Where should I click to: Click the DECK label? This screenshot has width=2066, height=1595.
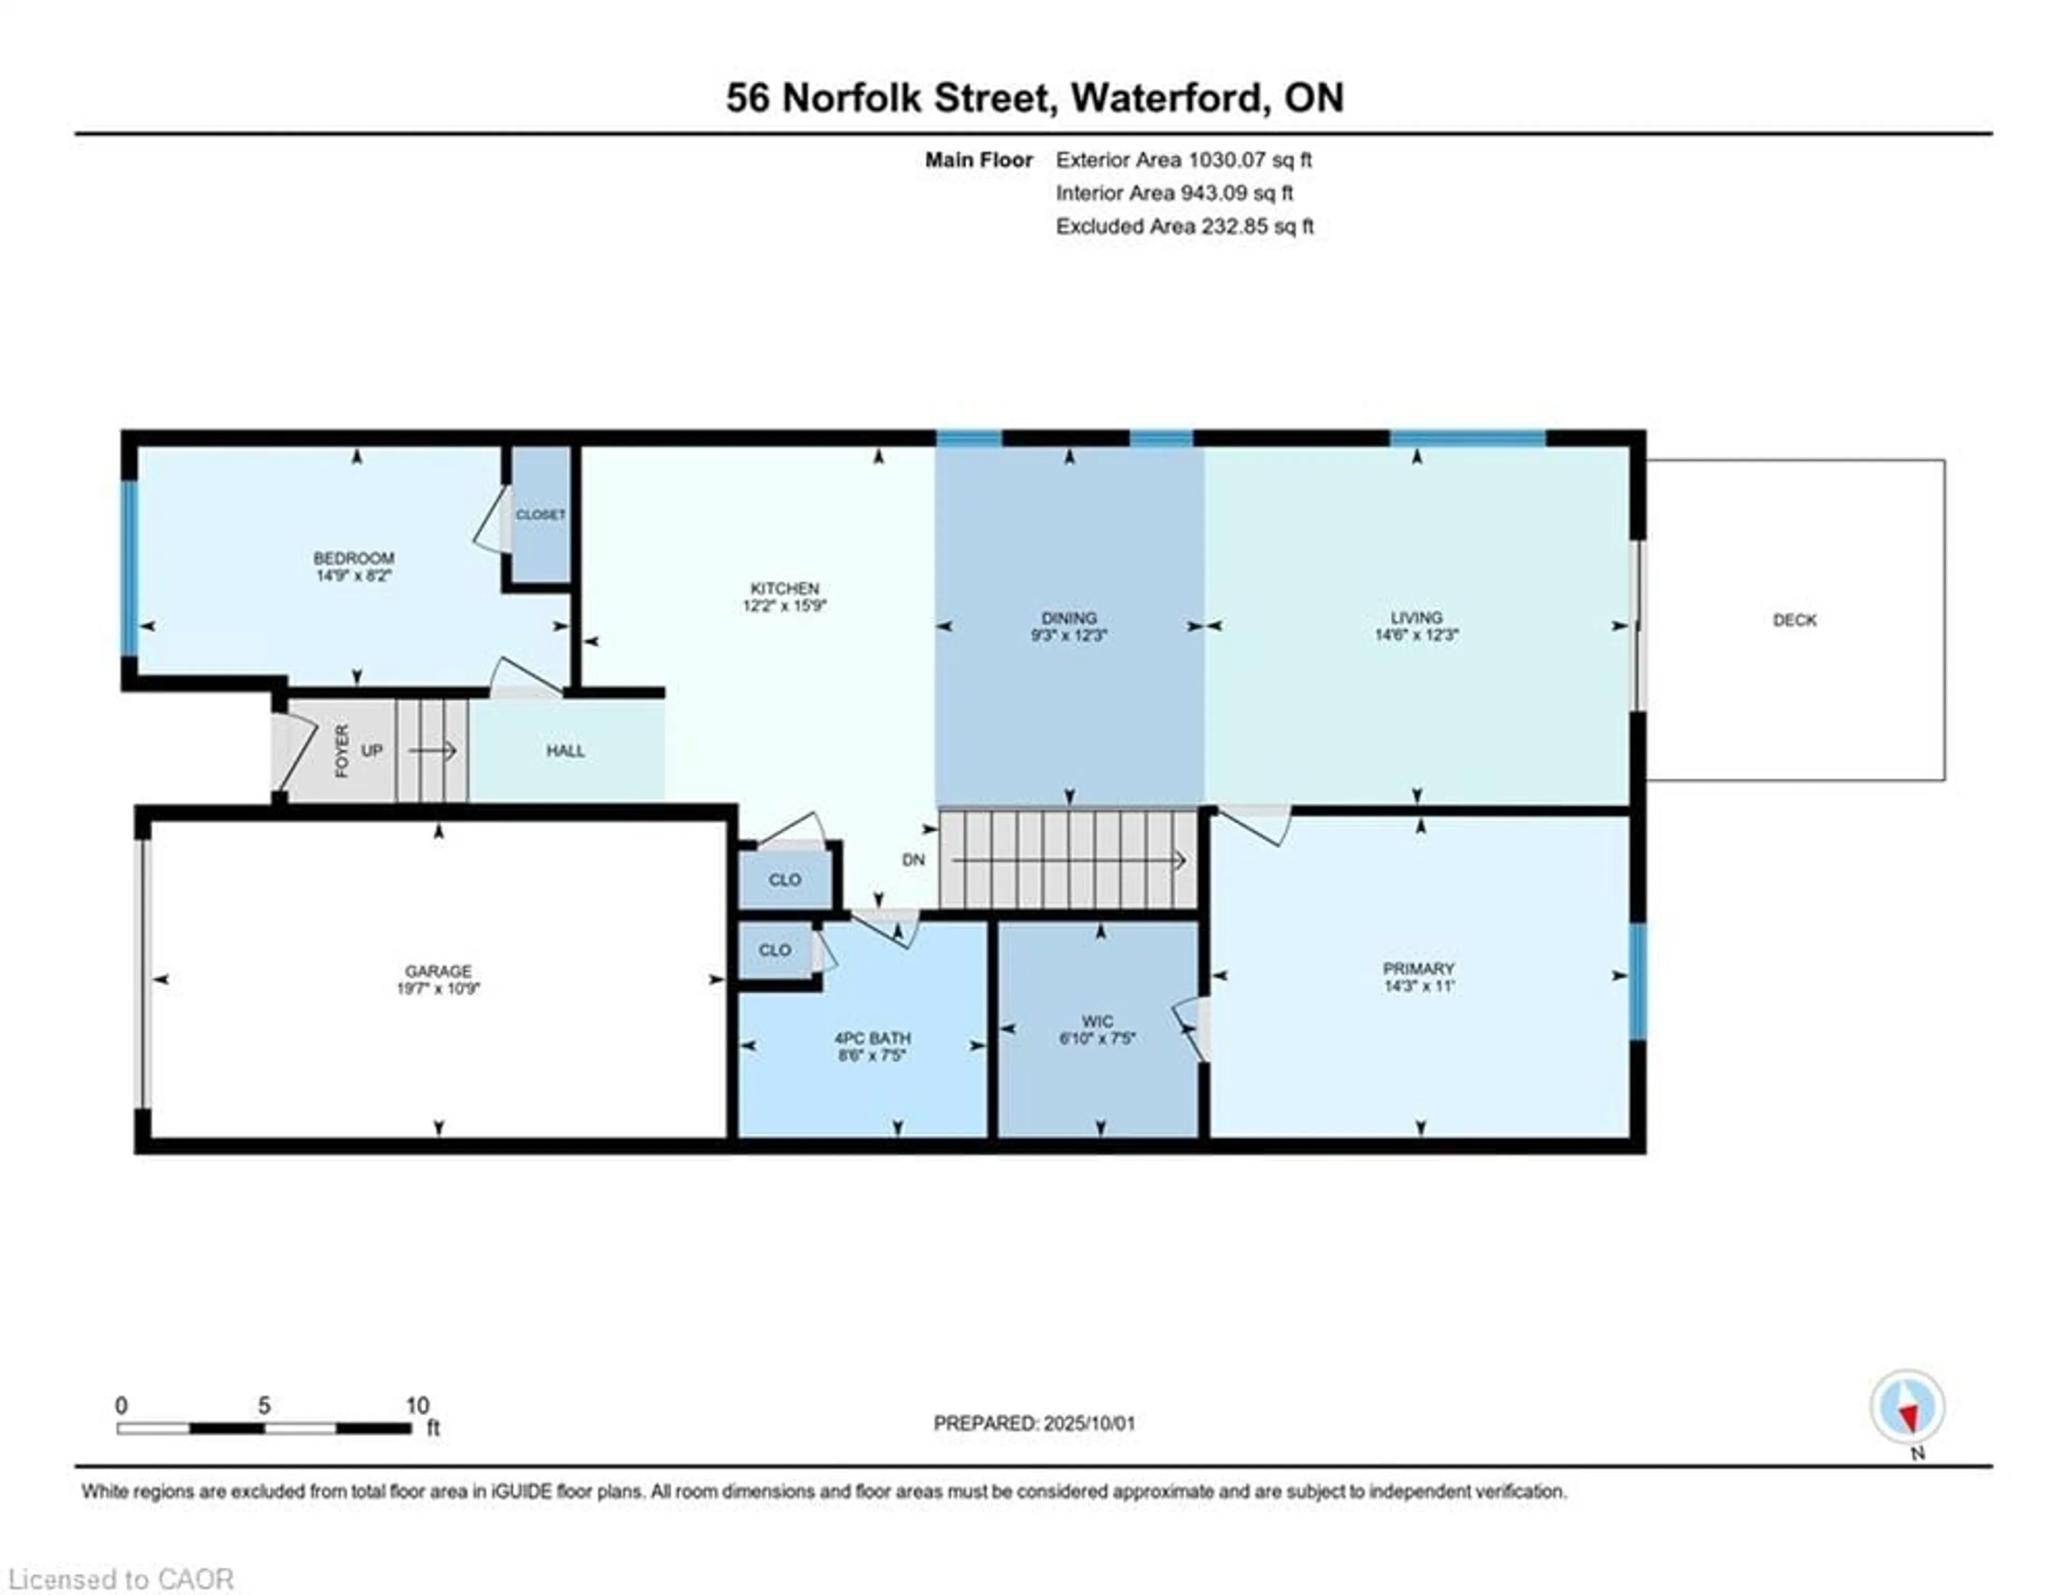point(1794,620)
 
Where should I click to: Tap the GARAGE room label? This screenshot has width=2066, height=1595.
point(438,971)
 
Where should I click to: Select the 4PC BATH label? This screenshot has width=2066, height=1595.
point(872,1038)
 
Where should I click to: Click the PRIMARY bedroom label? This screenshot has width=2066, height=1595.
point(1418,969)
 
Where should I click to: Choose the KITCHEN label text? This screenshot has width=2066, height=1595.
point(784,588)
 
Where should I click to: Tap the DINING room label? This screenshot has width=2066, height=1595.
point(1069,618)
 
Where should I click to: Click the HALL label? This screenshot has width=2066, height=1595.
point(565,751)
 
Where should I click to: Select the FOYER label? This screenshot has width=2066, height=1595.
point(342,751)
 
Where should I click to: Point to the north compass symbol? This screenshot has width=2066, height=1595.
point(1907,1407)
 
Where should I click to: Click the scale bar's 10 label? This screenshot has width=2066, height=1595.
point(417,1406)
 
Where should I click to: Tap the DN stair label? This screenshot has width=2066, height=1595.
point(913,860)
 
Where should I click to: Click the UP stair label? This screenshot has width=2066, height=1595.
point(372,750)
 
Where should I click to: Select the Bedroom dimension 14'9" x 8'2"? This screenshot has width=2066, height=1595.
point(354,575)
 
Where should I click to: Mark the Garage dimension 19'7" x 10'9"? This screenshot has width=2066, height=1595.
point(438,989)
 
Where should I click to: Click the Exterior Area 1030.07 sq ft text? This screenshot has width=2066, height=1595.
point(1184,160)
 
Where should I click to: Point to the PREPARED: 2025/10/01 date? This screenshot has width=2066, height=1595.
point(1034,1423)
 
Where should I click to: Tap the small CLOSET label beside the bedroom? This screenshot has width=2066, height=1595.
point(540,514)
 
